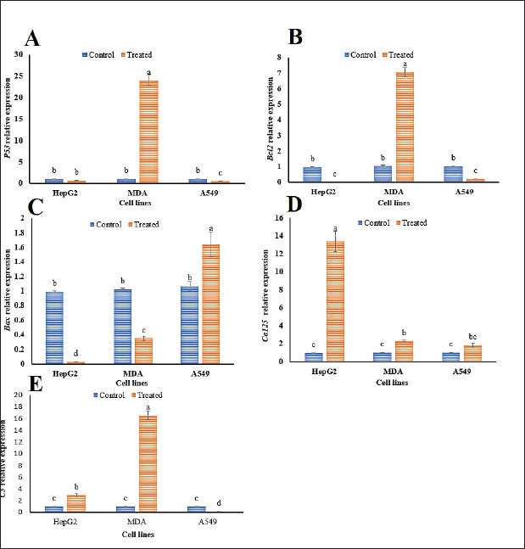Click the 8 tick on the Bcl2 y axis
point(279,57)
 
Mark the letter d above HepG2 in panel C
point(77,354)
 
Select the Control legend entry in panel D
point(365,221)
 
